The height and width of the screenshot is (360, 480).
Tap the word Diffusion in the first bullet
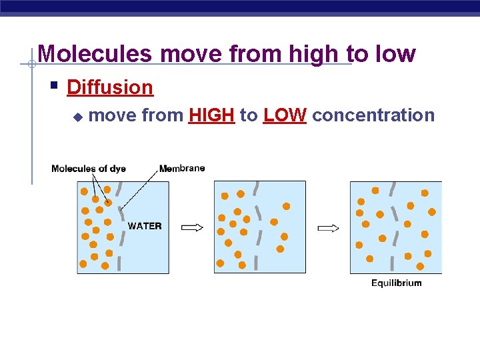[x=110, y=87]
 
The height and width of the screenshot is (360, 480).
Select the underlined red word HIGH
[x=211, y=115]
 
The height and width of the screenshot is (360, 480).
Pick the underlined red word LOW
[x=285, y=115]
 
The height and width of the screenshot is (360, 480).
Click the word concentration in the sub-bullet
[x=373, y=115]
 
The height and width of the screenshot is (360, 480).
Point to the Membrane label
[x=183, y=168]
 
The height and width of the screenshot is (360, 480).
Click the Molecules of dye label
[x=89, y=169]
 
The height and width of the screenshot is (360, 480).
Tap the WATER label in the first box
[x=145, y=226]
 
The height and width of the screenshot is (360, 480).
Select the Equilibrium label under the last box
[x=397, y=283]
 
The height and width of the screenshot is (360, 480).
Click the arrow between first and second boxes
[x=192, y=228]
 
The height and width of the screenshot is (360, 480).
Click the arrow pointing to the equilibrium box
[x=328, y=228]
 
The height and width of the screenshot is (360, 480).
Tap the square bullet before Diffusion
[x=56, y=86]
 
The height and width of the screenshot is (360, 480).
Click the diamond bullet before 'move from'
[x=77, y=117]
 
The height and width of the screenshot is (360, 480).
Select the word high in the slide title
[x=315, y=54]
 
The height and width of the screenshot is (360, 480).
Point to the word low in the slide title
[x=394, y=54]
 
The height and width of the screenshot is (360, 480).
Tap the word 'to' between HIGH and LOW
[x=249, y=115]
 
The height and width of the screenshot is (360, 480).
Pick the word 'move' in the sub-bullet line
[x=113, y=115]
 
